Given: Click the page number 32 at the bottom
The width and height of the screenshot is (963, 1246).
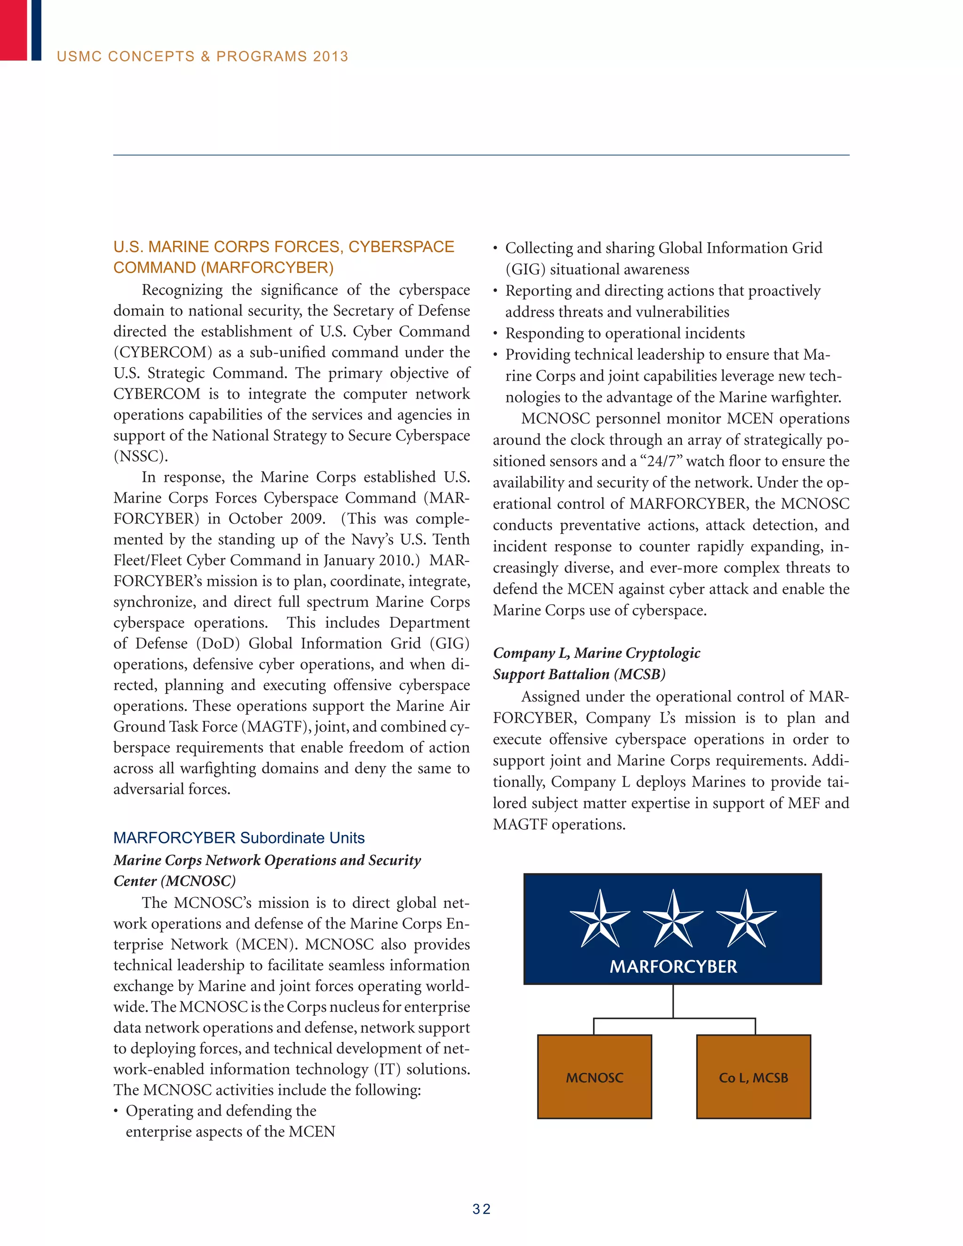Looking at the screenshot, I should click(x=481, y=1209).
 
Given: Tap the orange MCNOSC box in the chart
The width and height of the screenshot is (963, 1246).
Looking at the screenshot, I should click(x=594, y=1077).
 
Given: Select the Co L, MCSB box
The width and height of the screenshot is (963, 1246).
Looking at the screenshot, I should click(x=753, y=1077).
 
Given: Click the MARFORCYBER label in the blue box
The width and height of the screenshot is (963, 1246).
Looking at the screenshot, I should click(x=673, y=966).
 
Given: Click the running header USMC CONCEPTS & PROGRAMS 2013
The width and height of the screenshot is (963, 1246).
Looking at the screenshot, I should click(x=203, y=56).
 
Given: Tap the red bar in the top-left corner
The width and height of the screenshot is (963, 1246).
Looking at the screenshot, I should click(x=13, y=30).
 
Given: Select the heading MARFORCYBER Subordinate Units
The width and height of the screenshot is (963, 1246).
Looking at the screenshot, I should click(x=239, y=837).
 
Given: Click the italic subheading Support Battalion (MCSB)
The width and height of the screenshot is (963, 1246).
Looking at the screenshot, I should click(x=579, y=674).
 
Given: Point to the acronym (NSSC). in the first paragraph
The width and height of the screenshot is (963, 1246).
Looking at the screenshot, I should click(x=140, y=457).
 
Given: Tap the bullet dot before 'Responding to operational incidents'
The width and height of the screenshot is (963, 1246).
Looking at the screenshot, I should click(x=496, y=334).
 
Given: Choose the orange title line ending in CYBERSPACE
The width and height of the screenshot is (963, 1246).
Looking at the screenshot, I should click(x=284, y=246).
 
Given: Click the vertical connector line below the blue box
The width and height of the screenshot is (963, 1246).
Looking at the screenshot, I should click(x=673, y=1001).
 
